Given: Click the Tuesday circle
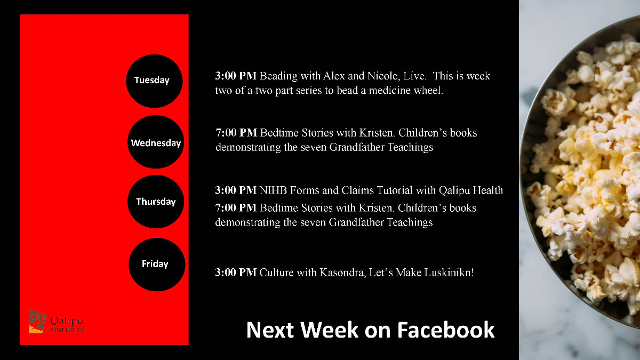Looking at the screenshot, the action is (x=154, y=81).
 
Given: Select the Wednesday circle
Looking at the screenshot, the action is (x=156, y=142).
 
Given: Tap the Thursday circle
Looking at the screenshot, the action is (x=156, y=202).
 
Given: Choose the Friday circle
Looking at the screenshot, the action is (x=157, y=265).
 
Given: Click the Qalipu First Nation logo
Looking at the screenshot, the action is (x=55, y=322).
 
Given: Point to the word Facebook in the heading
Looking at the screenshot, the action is (x=446, y=330).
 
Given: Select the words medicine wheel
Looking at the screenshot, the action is (x=406, y=90).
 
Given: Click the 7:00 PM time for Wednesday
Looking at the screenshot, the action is (x=236, y=133).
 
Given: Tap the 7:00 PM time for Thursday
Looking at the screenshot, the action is (x=236, y=208).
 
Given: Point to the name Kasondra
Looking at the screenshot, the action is (x=342, y=273).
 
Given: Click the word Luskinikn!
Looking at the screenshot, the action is (x=449, y=273).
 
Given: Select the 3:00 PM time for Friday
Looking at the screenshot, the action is (x=236, y=273).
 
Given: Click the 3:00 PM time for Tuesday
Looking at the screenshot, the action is (x=236, y=76).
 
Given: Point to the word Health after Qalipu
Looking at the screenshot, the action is (x=487, y=190).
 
